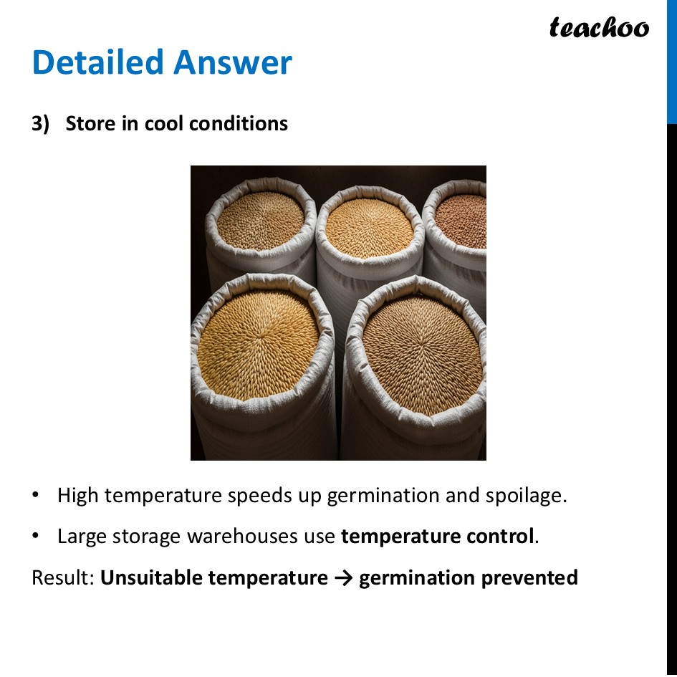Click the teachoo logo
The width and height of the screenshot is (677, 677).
[599, 28]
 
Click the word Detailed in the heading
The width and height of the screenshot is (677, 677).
[97, 62]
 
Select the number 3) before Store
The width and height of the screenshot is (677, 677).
[41, 124]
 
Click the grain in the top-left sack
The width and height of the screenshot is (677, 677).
[260, 219]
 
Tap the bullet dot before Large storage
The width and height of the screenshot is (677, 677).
[37, 537]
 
